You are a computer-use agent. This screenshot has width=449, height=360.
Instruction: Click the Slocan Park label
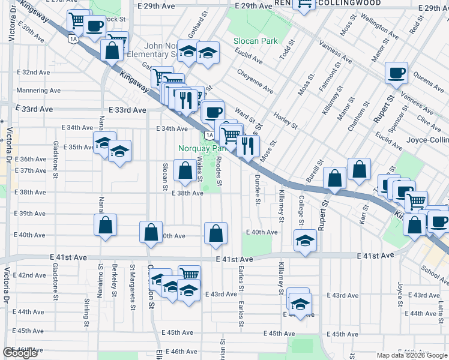256,41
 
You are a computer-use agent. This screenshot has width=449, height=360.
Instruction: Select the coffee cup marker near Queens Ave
397,74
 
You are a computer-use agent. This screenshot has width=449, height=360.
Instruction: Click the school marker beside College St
306,241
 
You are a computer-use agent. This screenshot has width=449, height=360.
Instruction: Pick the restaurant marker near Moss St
247,145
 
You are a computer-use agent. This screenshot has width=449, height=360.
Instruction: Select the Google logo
20,353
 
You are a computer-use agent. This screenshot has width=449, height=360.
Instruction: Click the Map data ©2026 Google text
412,355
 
